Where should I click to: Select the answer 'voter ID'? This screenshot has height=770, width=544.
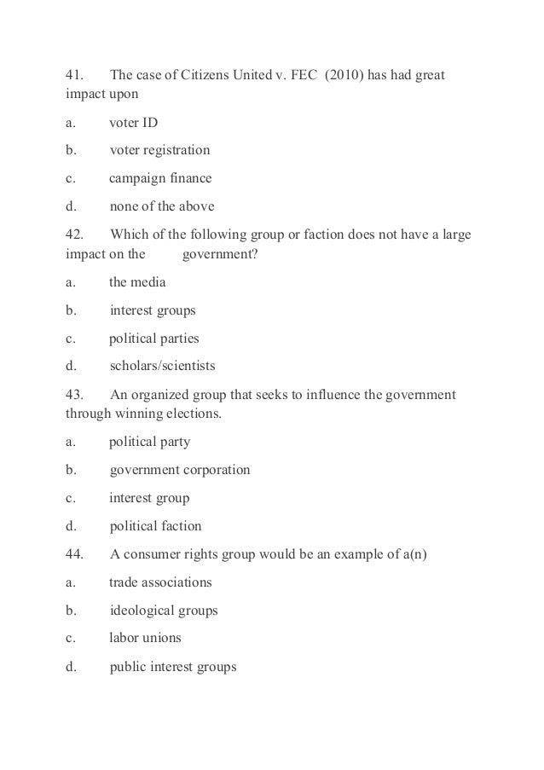coord(134,123)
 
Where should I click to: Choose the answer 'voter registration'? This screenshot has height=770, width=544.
coord(159,151)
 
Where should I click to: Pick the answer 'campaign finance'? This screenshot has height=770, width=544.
coord(160,179)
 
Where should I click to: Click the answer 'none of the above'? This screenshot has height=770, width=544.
coord(162,206)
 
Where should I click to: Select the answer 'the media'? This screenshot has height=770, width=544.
coord(138,282)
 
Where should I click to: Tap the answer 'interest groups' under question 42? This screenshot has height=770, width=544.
coord(153,310)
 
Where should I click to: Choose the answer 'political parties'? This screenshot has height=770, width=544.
coord(153,339)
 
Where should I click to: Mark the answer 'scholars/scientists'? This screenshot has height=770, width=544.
coord(163,367)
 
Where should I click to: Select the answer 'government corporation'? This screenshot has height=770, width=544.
coord(180,470)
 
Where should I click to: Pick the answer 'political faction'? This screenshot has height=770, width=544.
coord(156,526)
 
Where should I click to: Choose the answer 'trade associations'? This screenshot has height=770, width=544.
coord(160,582)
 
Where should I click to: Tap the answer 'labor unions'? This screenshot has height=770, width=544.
coord(145,638)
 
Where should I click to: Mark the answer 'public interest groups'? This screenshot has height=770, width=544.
coord(173,667)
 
